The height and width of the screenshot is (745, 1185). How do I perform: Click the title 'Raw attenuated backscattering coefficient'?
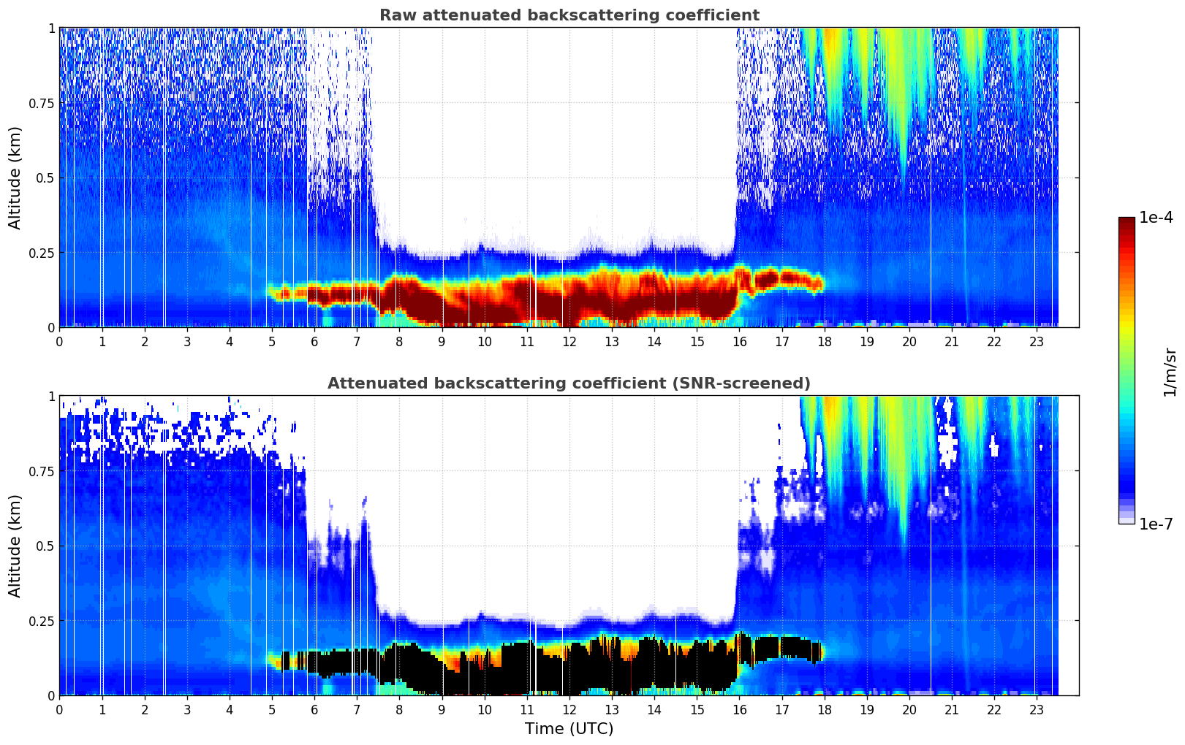click(x=569, y=15)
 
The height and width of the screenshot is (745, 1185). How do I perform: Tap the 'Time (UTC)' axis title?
click(x=569, y=729)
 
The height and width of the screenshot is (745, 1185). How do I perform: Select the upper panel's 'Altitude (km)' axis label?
click(x=15, y=177)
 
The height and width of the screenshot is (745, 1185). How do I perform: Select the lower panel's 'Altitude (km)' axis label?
click(x=15, y=546)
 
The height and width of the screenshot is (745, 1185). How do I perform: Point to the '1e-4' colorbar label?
click(x=1157, y=218)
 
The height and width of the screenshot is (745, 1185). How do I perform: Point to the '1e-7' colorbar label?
click(x=1157, y=524)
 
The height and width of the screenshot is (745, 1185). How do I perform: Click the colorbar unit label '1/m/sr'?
click(x=1170, y=372)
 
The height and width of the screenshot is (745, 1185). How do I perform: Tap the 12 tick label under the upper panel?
click(x=569, y=341)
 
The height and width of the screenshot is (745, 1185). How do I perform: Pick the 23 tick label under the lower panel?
click(x=1037, y=709)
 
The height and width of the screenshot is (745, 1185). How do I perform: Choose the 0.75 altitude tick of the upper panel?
click(x=41, y=103)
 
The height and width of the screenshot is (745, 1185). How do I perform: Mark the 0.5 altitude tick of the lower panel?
click(x=45, y=546)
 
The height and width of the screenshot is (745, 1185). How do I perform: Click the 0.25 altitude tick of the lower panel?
click(x=41, y=621)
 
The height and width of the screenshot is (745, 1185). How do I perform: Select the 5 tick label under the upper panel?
click(x=272, y=341)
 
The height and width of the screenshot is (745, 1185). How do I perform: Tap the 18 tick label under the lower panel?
click(x=824, y=709)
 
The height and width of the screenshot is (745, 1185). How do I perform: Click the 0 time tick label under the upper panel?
click(x=59, y=341)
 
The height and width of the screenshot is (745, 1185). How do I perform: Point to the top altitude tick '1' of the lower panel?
click(x=51, y=396)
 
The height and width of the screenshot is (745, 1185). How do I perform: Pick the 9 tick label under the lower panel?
click(x=442, y=709)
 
